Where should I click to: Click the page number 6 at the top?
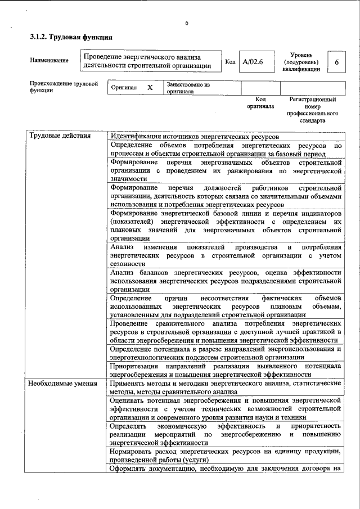187,23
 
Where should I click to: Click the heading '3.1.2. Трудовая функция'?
71,37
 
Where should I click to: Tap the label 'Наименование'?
49,60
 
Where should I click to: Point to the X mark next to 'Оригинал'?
150,88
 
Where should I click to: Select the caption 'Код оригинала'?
260,102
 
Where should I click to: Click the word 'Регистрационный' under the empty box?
313,99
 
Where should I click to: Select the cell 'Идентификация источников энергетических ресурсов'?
195,137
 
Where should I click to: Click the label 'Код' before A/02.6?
229,61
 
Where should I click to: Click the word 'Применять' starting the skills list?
129,383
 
